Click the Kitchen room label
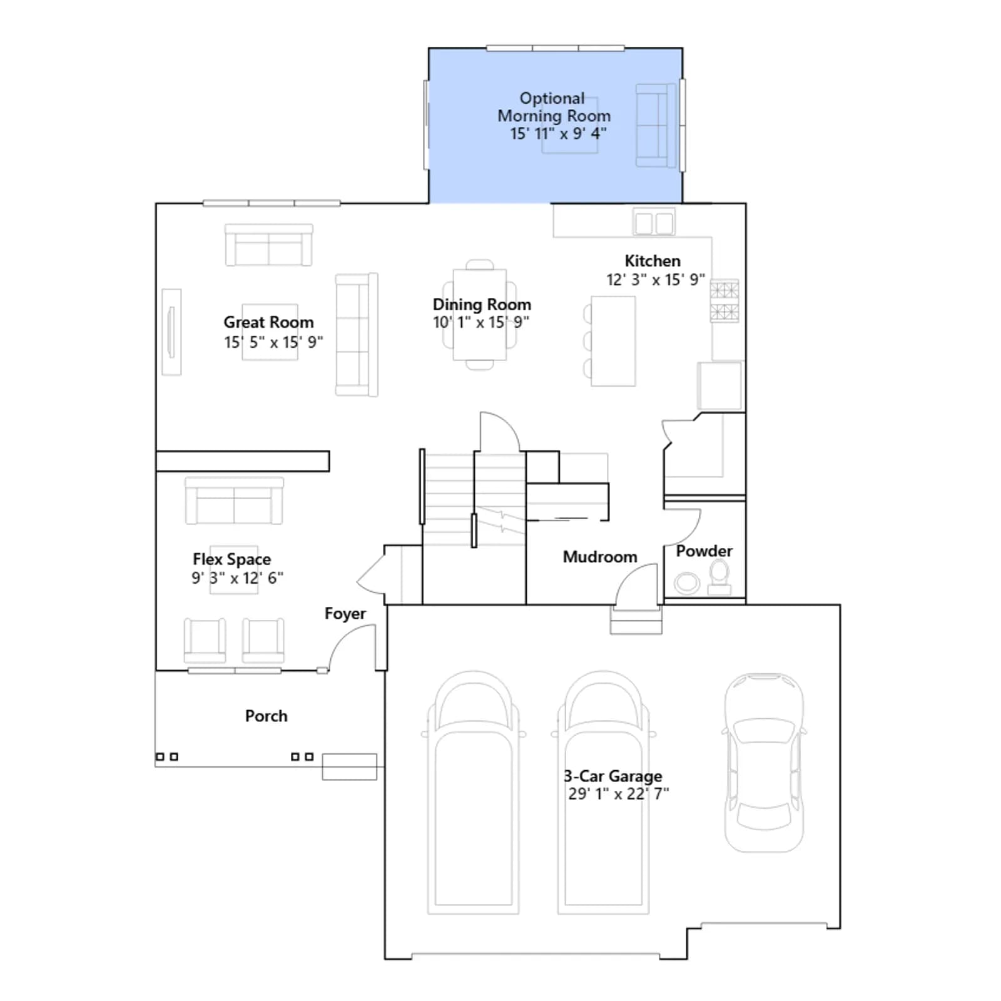653,261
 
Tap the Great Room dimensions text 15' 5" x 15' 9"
273,342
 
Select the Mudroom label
600,557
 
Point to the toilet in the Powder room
719,577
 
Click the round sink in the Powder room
687,583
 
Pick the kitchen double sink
654,222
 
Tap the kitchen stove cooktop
724,301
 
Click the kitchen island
613,341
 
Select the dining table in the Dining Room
480,314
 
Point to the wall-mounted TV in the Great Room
171,332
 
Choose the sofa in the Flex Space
234,500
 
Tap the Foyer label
345,614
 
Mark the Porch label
267,716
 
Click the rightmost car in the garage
764,763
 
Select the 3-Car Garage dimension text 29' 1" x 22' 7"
619,794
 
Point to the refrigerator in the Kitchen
720,385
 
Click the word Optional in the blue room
552,99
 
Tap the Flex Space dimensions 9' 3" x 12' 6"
238,578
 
